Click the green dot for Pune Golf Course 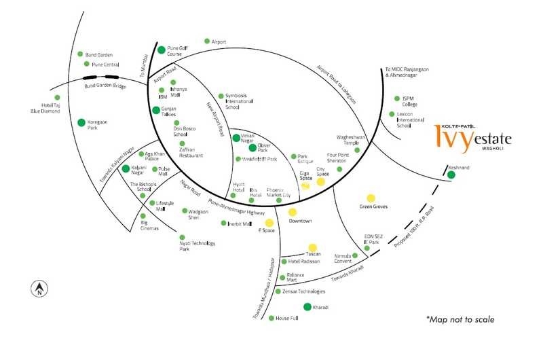(x=161, y=50)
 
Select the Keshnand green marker (x=451, y=175)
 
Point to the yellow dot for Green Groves (x=371, y=198)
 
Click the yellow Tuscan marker (x=312, y=247)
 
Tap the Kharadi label (x=321, y=308)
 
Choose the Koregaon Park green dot (x=81, y=123)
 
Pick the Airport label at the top (x=219, y=42)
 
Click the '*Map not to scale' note (x=460, y=319)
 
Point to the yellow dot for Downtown (x=292, y=212)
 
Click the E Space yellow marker (x=269, y=222)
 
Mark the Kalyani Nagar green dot (x=126, y=168)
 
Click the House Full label (x=286, y=319)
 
